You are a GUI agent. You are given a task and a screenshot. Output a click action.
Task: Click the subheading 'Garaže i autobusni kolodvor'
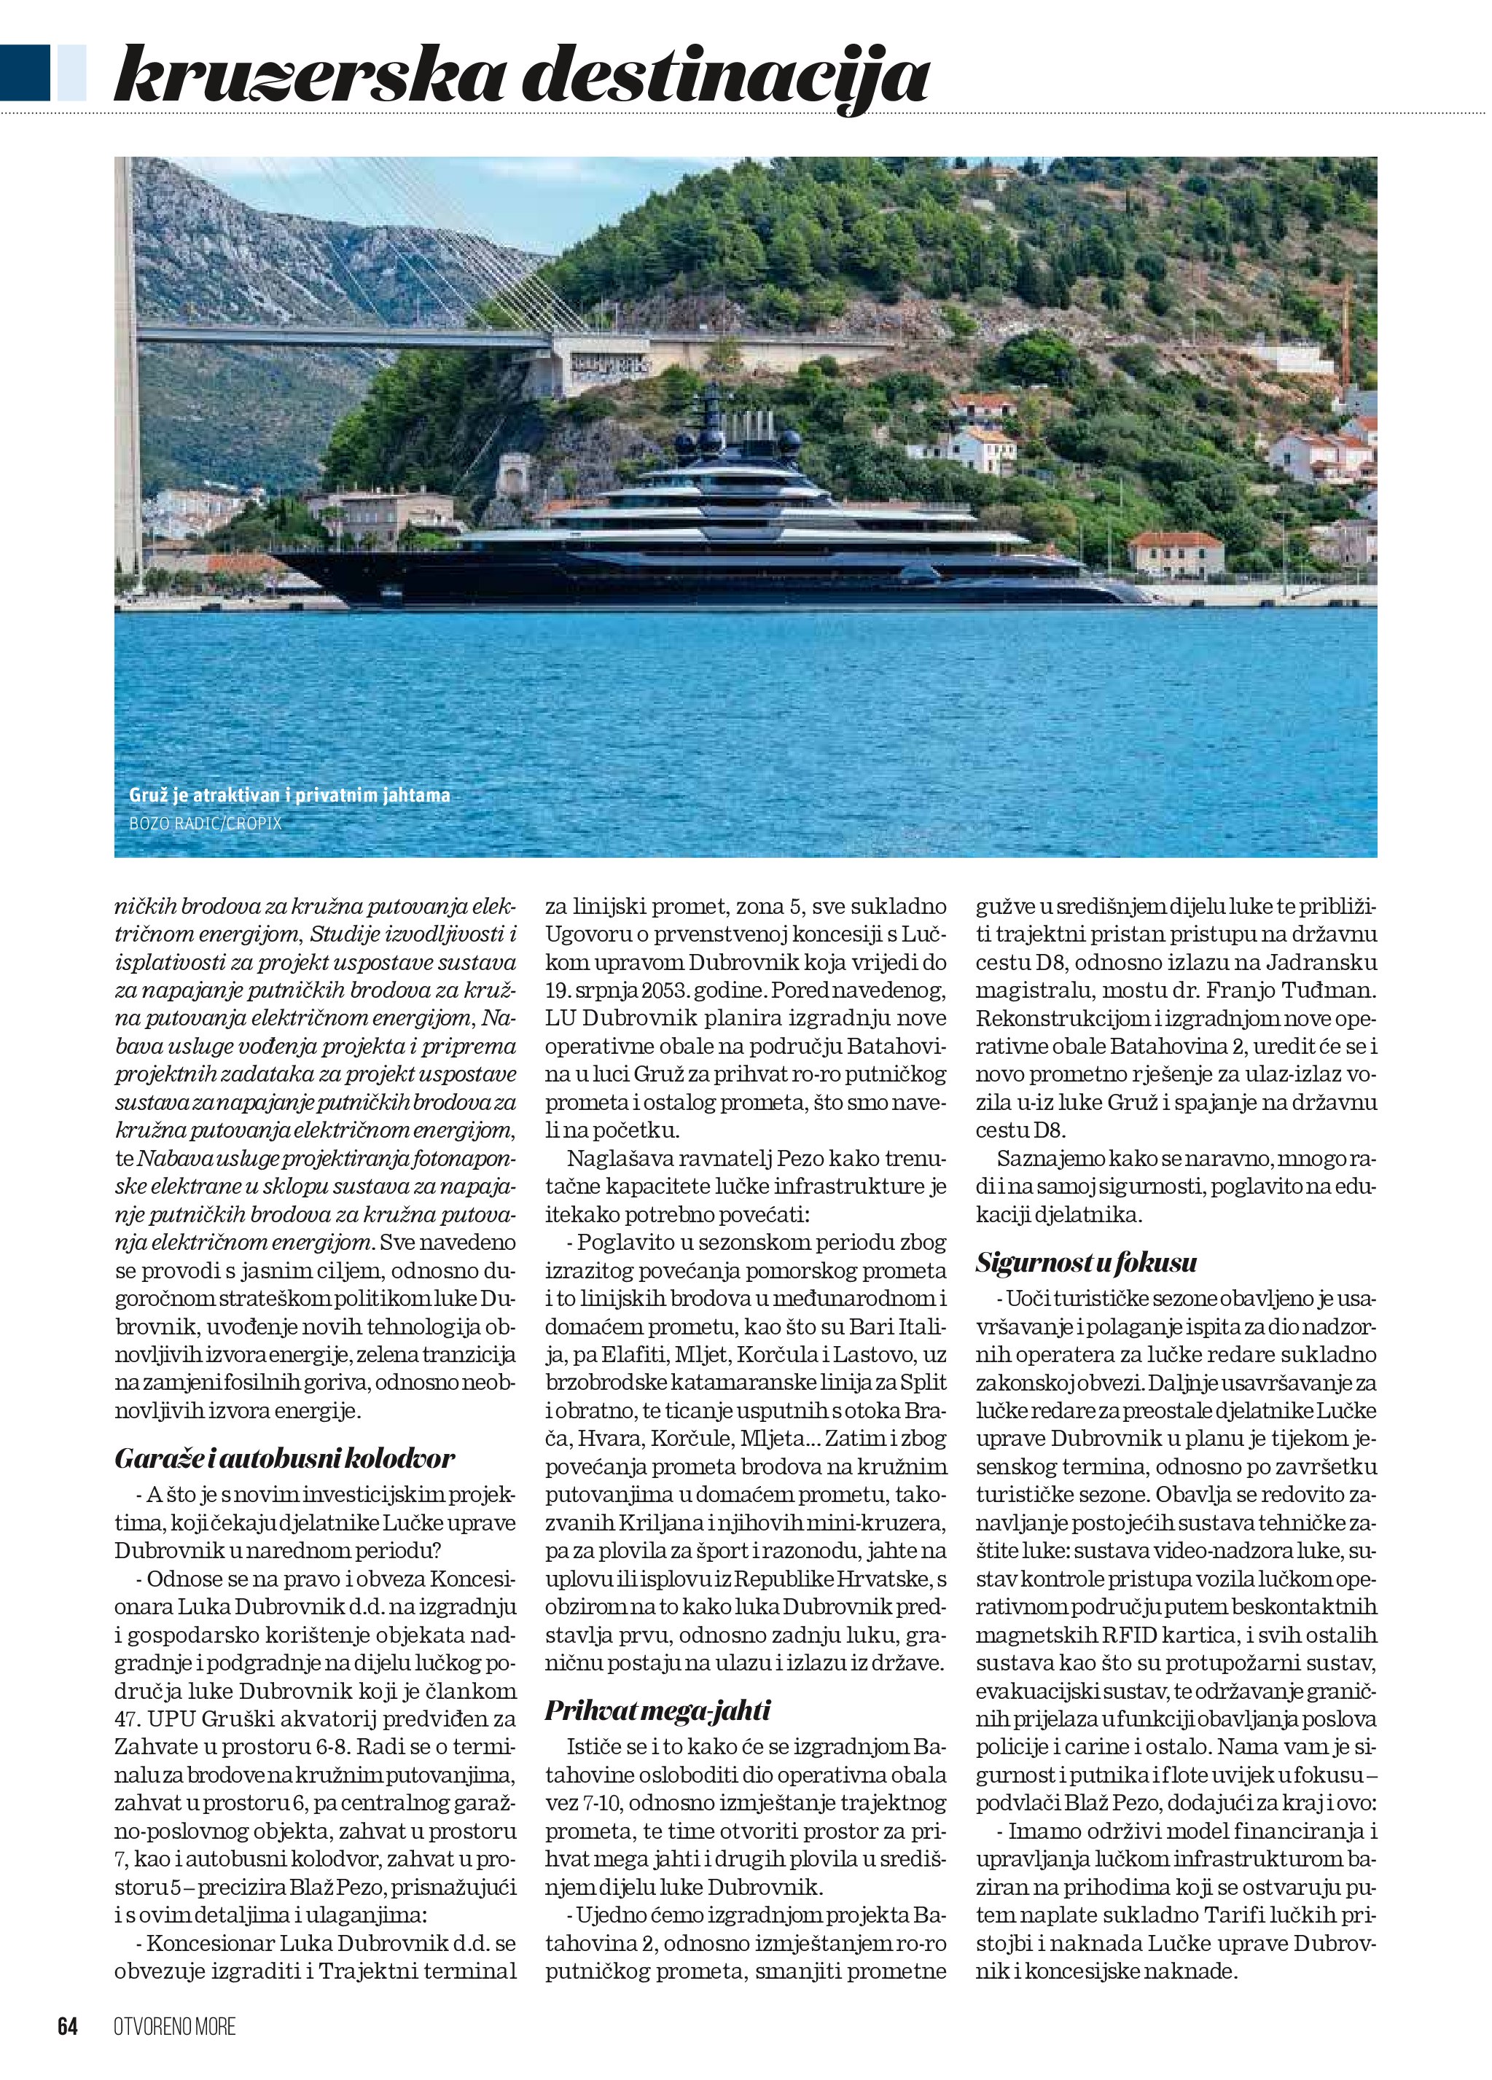click(x=284, y=1458)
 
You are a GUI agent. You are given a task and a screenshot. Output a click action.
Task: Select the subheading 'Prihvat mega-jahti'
click(x=657, y=1710)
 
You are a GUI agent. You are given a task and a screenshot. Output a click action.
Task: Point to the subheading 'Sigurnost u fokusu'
click(x=1086, y=1262)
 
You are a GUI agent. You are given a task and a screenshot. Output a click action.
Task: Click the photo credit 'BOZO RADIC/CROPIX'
click(x=206, y=824)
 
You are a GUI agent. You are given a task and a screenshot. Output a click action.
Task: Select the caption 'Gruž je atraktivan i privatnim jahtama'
click(x=290, y=795)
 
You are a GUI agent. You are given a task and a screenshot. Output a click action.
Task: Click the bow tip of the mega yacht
click(x=273, y=554)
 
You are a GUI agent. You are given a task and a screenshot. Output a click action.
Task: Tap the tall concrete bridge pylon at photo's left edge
click(x=127, y=367)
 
